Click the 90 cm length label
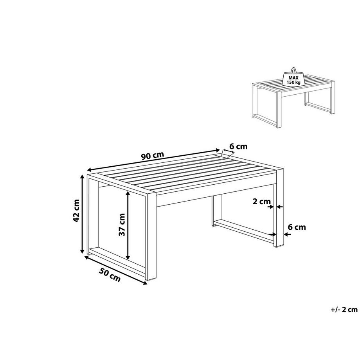coord(152,155)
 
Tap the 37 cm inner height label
coord(122,225)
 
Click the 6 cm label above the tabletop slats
coord(238,147)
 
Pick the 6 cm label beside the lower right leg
coord(297,227)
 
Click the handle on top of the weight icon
coord(293,70)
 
